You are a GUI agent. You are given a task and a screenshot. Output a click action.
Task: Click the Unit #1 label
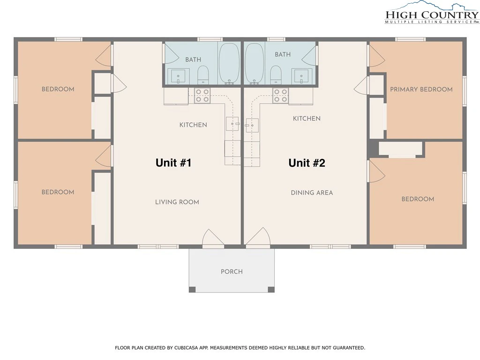pyautogui.click(x=173, y=163)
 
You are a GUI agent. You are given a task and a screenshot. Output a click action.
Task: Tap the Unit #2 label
pyautogui.click(x=307, y=163)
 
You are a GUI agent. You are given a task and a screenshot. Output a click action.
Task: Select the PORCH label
pyautogui.click(x=232, y=271)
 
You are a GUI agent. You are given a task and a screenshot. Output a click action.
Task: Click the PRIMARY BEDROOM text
pyautogui.click(x=421, y=90)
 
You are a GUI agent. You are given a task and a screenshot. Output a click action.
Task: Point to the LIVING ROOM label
pyautogui.click(x=177, y=202)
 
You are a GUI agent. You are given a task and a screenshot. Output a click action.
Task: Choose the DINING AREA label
pyautogui.click(x=312, y=193)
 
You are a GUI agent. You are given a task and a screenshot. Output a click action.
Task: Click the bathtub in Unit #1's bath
pyautogui.click(x=229, y=63)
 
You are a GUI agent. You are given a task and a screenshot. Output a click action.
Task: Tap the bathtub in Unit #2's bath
pyautogui.click(x=255, y=63)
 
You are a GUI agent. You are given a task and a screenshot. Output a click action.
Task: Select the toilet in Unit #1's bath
pyautogui.click(x=203, y=75)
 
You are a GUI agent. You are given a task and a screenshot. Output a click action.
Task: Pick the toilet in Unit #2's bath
pyautogui.click(x=276, y=75)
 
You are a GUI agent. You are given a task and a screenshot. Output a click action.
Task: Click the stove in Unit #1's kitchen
pyautogui.click(x=202, y=95)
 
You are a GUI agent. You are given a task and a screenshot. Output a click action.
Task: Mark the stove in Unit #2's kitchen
pyautogui.click(x=280, y=95)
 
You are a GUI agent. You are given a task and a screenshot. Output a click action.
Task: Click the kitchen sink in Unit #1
pyautogui.click(x=232, y=124)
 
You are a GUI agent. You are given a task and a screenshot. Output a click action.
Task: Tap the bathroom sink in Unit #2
pyautogui.click(x=301, y=76)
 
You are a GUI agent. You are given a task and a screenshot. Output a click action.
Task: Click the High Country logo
pyautogui.click(x=432, y=13)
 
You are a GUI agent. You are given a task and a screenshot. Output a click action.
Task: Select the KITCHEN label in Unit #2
pyautogui.click(x=307, y=119)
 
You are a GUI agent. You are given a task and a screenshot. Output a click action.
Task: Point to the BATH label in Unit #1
pyautogui.click(x=193, y=60)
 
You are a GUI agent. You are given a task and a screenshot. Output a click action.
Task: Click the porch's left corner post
pyautogui.click(x=192, y=289)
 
